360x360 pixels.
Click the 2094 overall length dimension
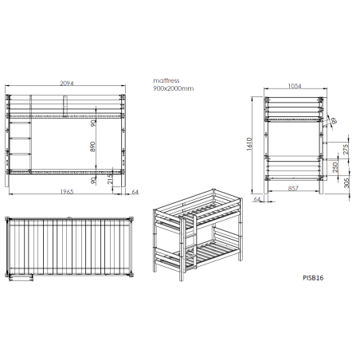tap(67, 84)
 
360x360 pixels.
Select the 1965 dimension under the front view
tap(67, 192)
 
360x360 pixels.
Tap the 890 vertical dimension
tap(92, 147)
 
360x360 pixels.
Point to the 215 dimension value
tap(110, 178)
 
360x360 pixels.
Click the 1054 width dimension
tap(295, 86)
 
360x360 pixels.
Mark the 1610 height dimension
tap(249, 144)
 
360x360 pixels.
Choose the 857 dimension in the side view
tap(293, 188)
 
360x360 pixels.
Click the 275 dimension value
tap(346, 150)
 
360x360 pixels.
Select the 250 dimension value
tap(335, 167)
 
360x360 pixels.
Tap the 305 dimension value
tap(346, 183)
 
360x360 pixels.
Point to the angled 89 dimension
tap(335, 121)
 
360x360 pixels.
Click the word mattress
tap(166, 80)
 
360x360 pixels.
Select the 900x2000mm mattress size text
tap(174, 88)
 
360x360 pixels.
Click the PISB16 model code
tap(313, 278)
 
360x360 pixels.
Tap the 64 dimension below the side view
tap(257, 199)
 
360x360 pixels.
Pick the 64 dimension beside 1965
tap(135, 192)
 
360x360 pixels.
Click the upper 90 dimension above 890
tap(93, 123)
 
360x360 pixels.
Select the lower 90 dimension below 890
tap(92, 181)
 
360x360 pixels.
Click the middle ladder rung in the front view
tap(20, 138)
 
